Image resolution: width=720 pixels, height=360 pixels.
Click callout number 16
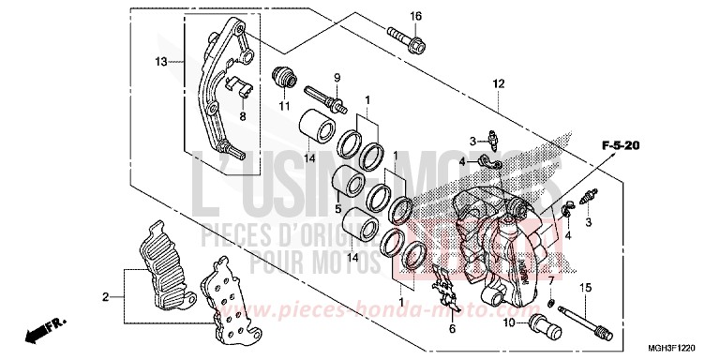[415, 16]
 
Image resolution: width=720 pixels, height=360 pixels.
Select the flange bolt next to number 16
[407, 40]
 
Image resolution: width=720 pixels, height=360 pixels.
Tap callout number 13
[161, 62]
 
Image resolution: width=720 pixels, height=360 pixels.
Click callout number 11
[281, 104]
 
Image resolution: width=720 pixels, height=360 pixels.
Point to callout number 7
[550, 280]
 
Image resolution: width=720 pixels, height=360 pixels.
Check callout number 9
[337, 76]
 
